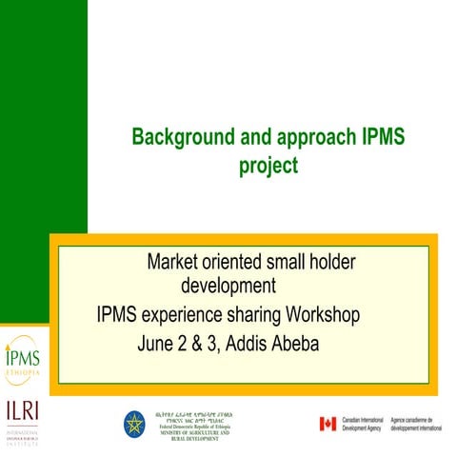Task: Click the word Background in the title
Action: point(176,137)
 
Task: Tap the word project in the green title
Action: point(268,166)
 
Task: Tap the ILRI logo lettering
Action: point(22,412)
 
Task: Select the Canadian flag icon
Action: point(328,424)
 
